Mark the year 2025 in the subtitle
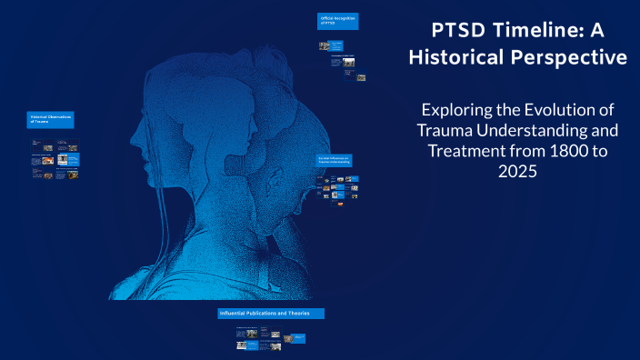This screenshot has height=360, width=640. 521,171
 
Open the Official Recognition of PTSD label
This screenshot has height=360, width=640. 337,21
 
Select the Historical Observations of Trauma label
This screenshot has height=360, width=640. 51,120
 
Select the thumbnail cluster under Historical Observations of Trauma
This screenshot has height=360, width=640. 55,159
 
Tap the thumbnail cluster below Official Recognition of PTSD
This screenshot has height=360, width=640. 341,59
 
